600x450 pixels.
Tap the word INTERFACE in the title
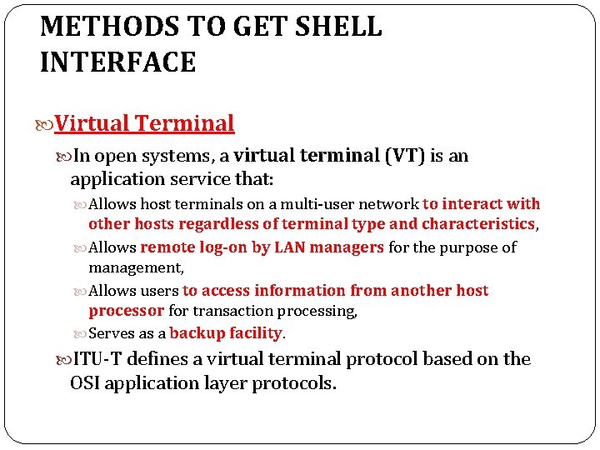pos(117,62)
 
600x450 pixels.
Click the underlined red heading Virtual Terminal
pos(145,123)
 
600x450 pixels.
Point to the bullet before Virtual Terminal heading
pos(47,124)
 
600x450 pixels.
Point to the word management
pos(136,267)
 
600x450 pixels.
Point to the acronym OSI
pos(85,384)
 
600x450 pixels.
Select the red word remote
pos(165,247)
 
